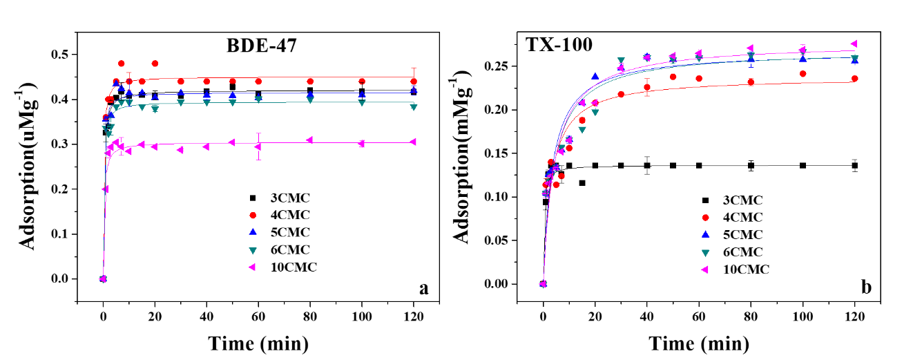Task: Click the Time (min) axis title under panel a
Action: (x=258, y=342)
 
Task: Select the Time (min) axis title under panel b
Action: (x=698, y=343)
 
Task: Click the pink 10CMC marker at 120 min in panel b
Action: (x=854, y=44)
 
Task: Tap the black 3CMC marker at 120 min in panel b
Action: (x=854, y=165)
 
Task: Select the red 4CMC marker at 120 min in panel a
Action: (x=413, y=81)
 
